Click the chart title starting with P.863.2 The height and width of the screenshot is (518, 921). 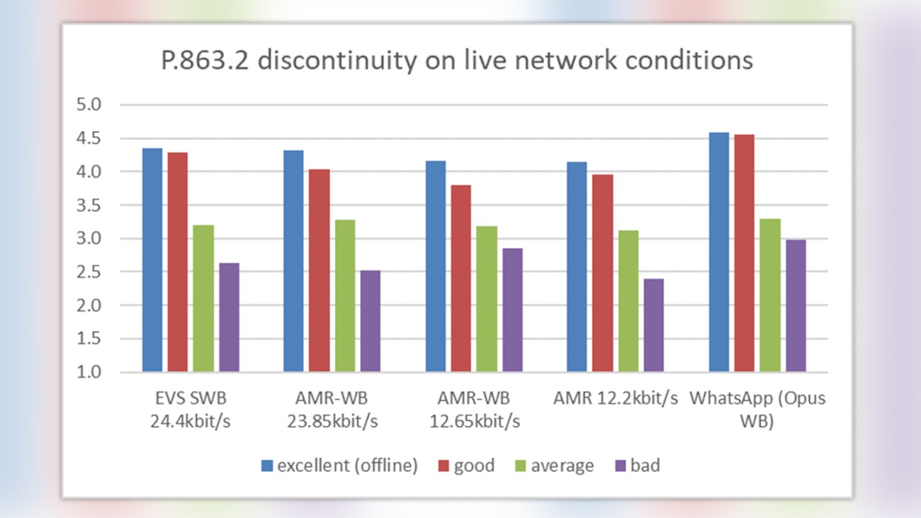pos(456,61)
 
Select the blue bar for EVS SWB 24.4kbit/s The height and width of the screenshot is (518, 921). pos(152,260)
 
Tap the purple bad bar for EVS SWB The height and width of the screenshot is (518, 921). pos(229,317)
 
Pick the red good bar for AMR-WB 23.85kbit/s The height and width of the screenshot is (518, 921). pos(320,271)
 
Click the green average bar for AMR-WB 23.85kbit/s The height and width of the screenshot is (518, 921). pos(345,295)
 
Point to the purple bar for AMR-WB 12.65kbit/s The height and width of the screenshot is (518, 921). pos(512,310)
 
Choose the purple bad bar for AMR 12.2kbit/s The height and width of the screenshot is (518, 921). pos(654,325)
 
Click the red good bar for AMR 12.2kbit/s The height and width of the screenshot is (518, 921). pos(603,273)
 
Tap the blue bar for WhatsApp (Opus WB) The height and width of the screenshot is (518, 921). pos(719,252)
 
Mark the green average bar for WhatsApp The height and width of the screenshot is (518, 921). pos(770,295)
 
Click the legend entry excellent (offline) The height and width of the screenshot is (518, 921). pos(339,466)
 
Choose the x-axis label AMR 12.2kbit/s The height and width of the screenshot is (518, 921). pos(616,398)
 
